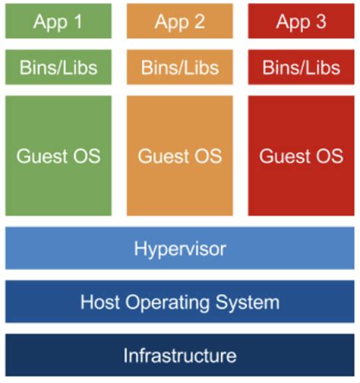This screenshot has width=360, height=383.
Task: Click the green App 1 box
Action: [x=58, y=21]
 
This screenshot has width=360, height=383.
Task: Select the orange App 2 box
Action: [x=180, y=21]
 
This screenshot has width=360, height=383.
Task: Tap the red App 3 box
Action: [x=302, y=21]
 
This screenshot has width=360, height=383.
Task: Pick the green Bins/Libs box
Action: [x=58, y=67]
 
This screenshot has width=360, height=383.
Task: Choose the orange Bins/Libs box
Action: [x=180, y=67]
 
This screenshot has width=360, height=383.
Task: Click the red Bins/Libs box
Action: [x=302, y=67]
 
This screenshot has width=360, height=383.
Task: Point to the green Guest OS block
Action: [x=58, y=156]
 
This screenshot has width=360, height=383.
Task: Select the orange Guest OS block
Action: [x=180, y=156]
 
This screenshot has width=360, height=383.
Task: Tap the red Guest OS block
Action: [x=302, y=156]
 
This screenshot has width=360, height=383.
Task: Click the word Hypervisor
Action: [x=180, y=248]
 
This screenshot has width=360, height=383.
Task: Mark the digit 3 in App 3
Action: [x=321, y=21]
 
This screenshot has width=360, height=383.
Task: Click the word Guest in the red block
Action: [x=283, y=157]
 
